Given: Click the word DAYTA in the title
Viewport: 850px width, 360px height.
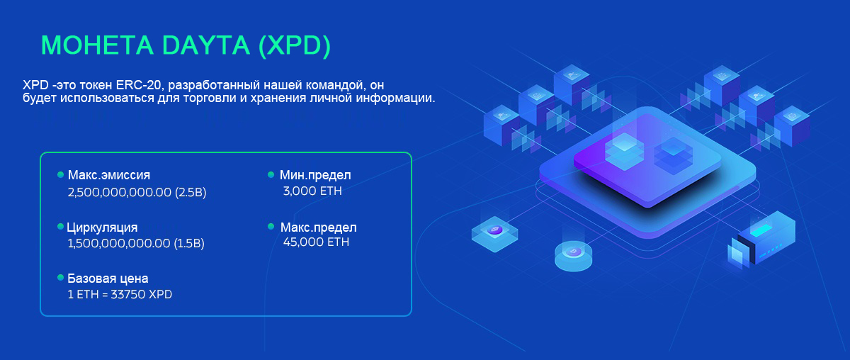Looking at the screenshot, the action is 205,45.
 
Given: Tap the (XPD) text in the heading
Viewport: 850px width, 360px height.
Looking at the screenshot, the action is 295,46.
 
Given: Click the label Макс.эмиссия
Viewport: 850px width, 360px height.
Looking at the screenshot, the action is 109,175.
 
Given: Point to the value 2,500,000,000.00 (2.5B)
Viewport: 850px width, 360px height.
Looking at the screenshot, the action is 137,193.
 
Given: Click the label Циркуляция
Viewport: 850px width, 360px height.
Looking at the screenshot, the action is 102,227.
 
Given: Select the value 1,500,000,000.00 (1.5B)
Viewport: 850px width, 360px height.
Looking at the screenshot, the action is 136,243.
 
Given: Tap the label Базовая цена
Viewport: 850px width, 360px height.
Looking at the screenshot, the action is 108,279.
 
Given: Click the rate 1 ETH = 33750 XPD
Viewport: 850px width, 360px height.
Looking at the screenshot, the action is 120,294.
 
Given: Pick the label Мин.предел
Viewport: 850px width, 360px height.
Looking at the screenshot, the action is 315,175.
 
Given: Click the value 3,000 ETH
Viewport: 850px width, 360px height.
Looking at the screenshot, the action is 312,191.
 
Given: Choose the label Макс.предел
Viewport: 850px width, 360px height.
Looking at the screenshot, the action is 318,227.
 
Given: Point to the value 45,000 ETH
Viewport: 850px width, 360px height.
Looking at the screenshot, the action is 316,242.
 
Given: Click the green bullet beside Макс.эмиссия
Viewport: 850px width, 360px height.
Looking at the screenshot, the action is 60,174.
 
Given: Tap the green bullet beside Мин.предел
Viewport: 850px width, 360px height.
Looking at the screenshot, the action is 271,174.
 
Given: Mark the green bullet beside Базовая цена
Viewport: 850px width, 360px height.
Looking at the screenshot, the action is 60,278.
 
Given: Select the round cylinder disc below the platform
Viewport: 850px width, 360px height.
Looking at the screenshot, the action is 573,256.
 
